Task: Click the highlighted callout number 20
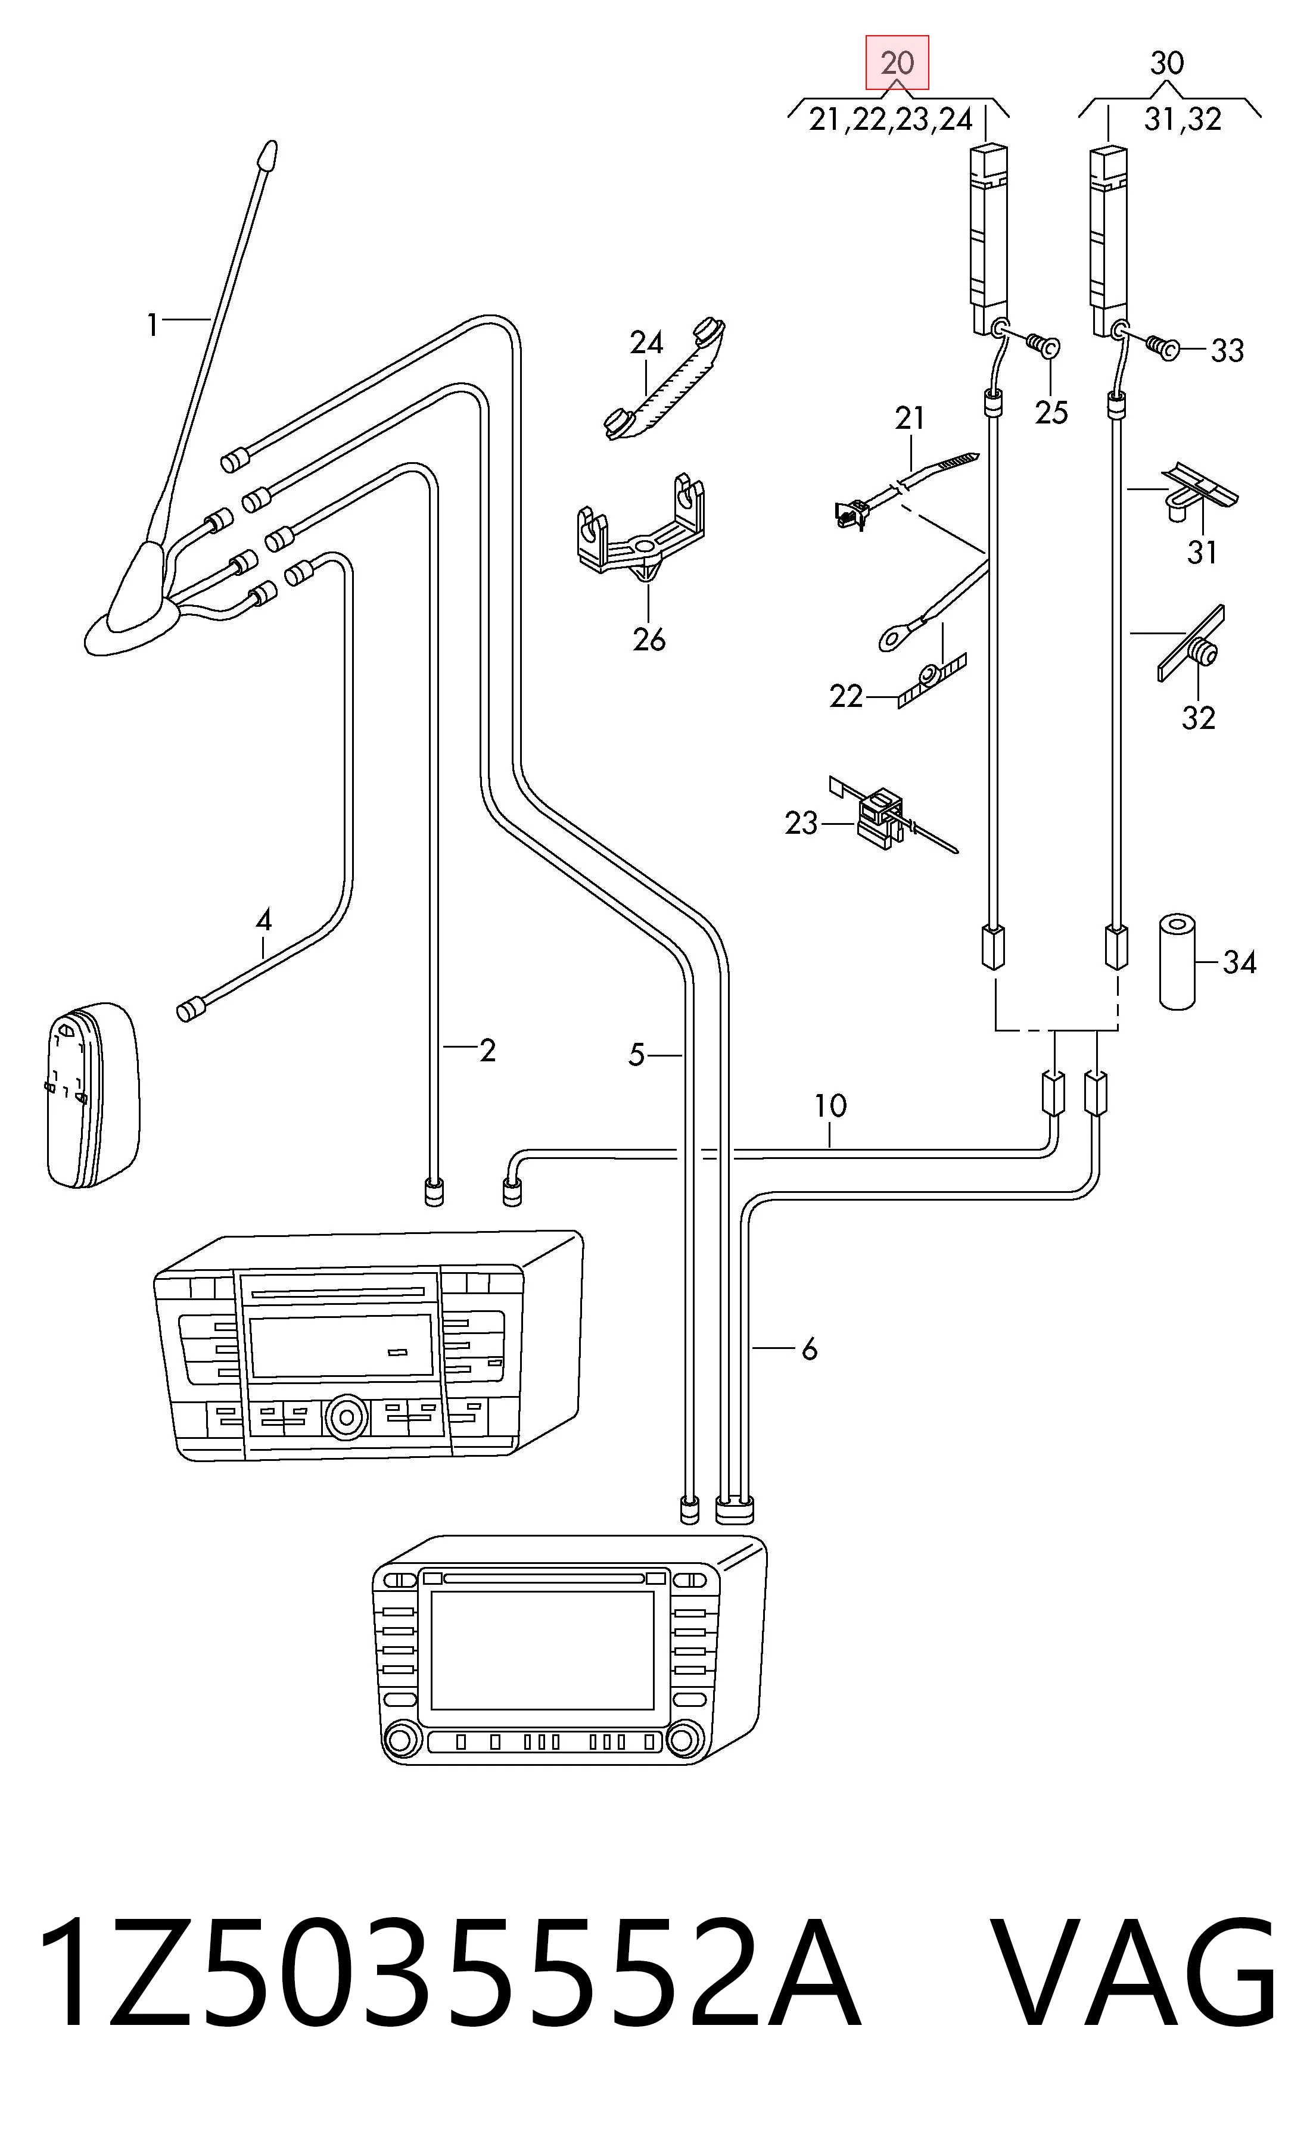(x=897, y=63)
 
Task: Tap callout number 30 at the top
(x=1167, y=63)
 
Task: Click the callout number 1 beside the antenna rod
(x=153, y=325)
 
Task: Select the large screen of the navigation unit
(x=542, y=1650)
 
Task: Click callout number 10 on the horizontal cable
(x=830, y=1105)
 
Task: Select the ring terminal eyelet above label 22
(x=895, y=638)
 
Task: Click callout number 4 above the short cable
(x=263, y=919)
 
